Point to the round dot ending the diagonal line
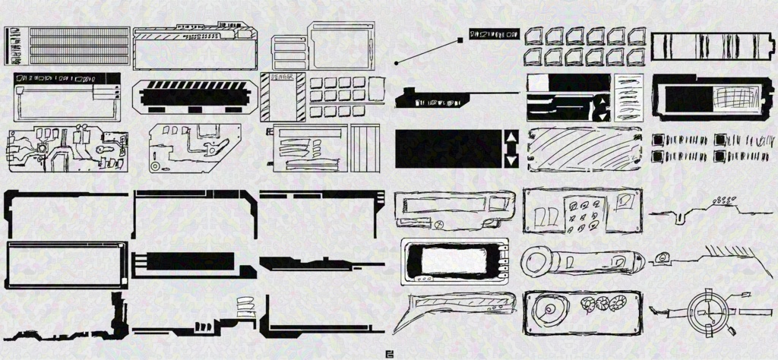397,62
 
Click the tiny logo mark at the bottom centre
389,352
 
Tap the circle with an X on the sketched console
439,224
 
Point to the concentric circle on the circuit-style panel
155,165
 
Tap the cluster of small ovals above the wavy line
723,200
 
